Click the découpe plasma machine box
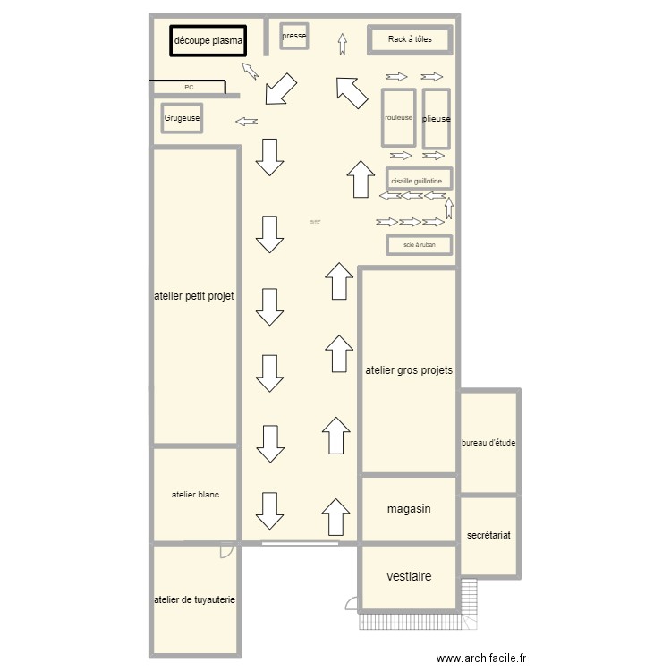[208, 41]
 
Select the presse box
[294, 37]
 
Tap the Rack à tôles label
[410, 39]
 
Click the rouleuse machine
[399, 118]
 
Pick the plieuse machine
[436, 119]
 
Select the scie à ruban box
[420, 243]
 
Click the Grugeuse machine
[183, 118]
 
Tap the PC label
[189, 88]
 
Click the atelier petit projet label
[194, 296]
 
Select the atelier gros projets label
[409, 369]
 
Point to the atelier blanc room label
[195, 495]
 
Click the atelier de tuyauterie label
[194, 600]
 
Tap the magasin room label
[409, 509]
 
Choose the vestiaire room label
[409, 577]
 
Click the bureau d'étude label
[488, 443]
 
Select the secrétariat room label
[488, 535]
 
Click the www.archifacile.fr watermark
[482, 658]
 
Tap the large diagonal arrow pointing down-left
[282, 89]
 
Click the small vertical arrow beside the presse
[343, 44]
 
